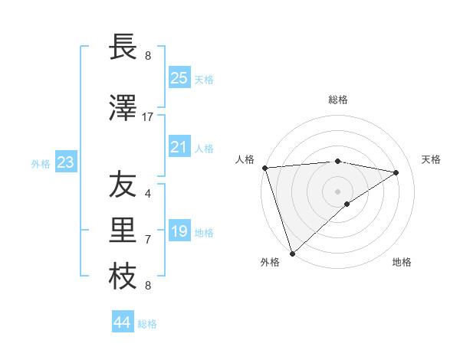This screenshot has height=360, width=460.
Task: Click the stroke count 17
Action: [x=148, y=117]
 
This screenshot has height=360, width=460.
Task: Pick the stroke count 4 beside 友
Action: [x=148, y=194]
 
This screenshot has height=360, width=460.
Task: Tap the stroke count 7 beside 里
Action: [x=148, y=240]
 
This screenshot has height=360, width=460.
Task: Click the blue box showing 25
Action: [x=179, y=78]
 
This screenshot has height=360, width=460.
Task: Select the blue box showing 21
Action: [x=179, y=147]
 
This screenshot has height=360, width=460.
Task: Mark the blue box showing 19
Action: [x=179, y=231]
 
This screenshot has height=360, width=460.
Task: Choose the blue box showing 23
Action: [x=65, y=162]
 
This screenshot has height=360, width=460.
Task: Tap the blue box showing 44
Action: [x=122, y=322]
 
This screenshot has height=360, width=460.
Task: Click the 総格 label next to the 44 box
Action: [x=147, y=324]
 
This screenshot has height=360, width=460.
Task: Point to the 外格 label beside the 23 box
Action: [x=40, y=164]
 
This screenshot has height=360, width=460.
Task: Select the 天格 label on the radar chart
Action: [x=431, y=159]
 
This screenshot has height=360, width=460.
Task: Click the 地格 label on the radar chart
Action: [x=402, y=262]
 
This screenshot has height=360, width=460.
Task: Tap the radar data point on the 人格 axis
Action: [x=264, y=168]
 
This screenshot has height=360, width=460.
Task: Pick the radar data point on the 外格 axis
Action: [x=292, y=253]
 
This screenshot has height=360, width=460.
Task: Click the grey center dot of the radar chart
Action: [x=337, y=191]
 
